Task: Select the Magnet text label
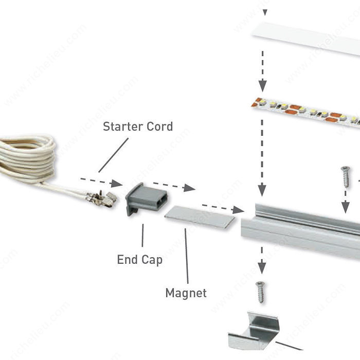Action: (x=186, y=293)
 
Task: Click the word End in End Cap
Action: (x=127, y=260)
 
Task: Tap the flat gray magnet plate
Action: (x=201, y=217)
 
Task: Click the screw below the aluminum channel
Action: (x=262, y=292)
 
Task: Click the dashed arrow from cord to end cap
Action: (x=101, y=182)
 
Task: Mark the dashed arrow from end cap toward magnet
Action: (x=174, y=186)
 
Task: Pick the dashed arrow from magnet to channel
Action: (x=222, y=207)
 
